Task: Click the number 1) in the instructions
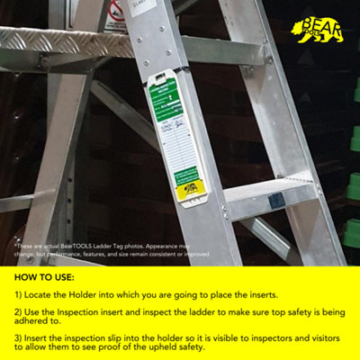pos(19,294)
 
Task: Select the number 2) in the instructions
pos(19,310)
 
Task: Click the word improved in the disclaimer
pos(197,254)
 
